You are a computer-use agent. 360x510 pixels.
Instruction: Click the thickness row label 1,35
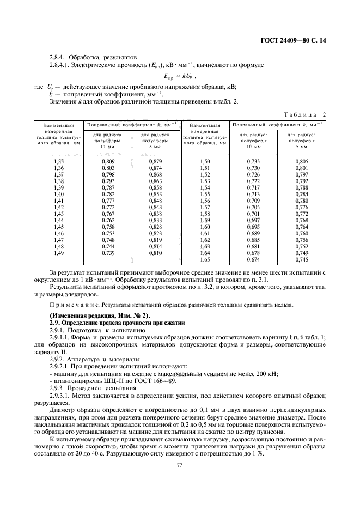click(x=59, y=162)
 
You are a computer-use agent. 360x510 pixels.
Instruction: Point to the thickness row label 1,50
click(x=205, y=162)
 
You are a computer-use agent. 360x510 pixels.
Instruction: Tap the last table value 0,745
click(x=301, y=259)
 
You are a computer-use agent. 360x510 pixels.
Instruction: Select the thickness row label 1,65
click(x=205, y=259)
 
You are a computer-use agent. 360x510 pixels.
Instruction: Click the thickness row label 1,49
click(x=59, y=253)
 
